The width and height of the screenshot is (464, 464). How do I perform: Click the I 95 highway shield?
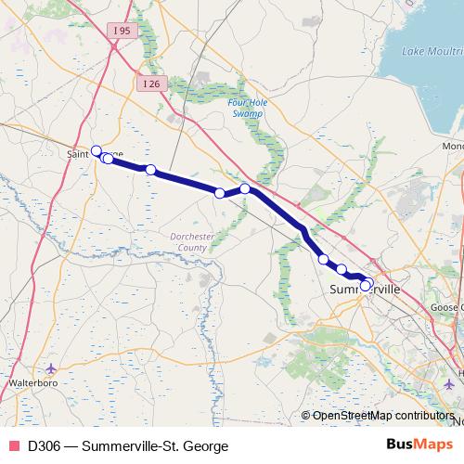[x=119, y=31]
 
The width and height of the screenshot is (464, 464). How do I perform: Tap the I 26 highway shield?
[x=151, y=84]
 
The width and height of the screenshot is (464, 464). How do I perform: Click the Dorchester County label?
[x=190, y=242]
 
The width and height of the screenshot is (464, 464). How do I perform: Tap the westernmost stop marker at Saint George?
[x=96, y=149]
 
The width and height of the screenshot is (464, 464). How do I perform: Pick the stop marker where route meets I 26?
[x=245, y=188]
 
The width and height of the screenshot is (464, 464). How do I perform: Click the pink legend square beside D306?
[x=13, y=446]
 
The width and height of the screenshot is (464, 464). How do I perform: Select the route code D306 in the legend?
[x=45, y=446]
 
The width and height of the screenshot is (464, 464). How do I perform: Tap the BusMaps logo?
[x=413, y=445]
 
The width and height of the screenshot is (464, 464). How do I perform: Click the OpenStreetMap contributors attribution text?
[x=382, y=416]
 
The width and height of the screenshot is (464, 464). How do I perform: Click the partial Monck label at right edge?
[x=453, y=147]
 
